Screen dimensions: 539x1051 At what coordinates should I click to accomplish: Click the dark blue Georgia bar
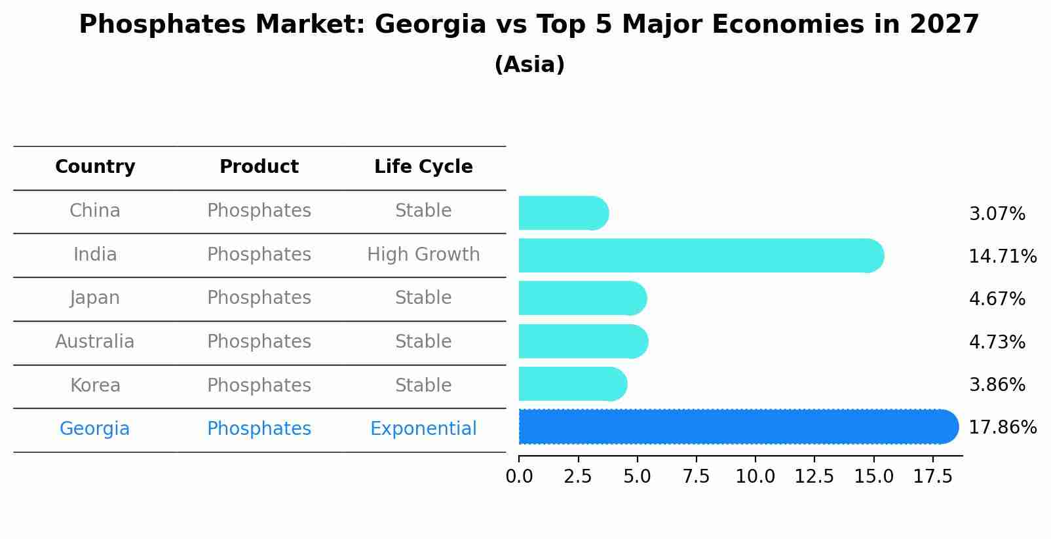pos(734,427)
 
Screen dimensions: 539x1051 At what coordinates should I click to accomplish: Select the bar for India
pos(695,255)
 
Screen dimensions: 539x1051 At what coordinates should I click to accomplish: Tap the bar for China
pos(560,214)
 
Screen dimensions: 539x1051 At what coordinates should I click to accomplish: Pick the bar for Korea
pos(570,384)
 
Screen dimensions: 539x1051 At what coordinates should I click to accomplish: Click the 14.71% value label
pos(1002,257)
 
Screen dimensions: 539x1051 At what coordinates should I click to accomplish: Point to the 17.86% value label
pos(1002,428)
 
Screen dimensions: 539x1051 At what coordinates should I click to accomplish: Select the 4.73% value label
pos(997,342)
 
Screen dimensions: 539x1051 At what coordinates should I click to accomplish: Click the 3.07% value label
pos(997,214)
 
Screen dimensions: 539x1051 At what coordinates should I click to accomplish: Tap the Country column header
pos(95,167)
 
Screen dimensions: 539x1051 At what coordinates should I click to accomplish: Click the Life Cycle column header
pos(423,167)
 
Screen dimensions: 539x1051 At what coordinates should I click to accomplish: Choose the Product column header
pos(259,167)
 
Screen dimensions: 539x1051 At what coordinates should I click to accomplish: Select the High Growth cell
pos(423,255)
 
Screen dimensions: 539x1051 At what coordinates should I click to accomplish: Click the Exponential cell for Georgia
pos(423,429)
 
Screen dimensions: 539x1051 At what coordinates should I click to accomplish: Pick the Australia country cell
pos(95,342)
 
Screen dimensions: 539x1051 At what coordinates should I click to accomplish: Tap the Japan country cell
pos(95,298)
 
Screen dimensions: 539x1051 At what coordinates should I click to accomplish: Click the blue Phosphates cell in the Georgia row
pos(259,429)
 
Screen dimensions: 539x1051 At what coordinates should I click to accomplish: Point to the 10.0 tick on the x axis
pos(755,477)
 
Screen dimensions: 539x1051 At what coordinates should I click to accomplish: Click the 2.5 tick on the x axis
pos(578,477)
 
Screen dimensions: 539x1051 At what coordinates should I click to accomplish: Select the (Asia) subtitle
pos(529,65)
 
